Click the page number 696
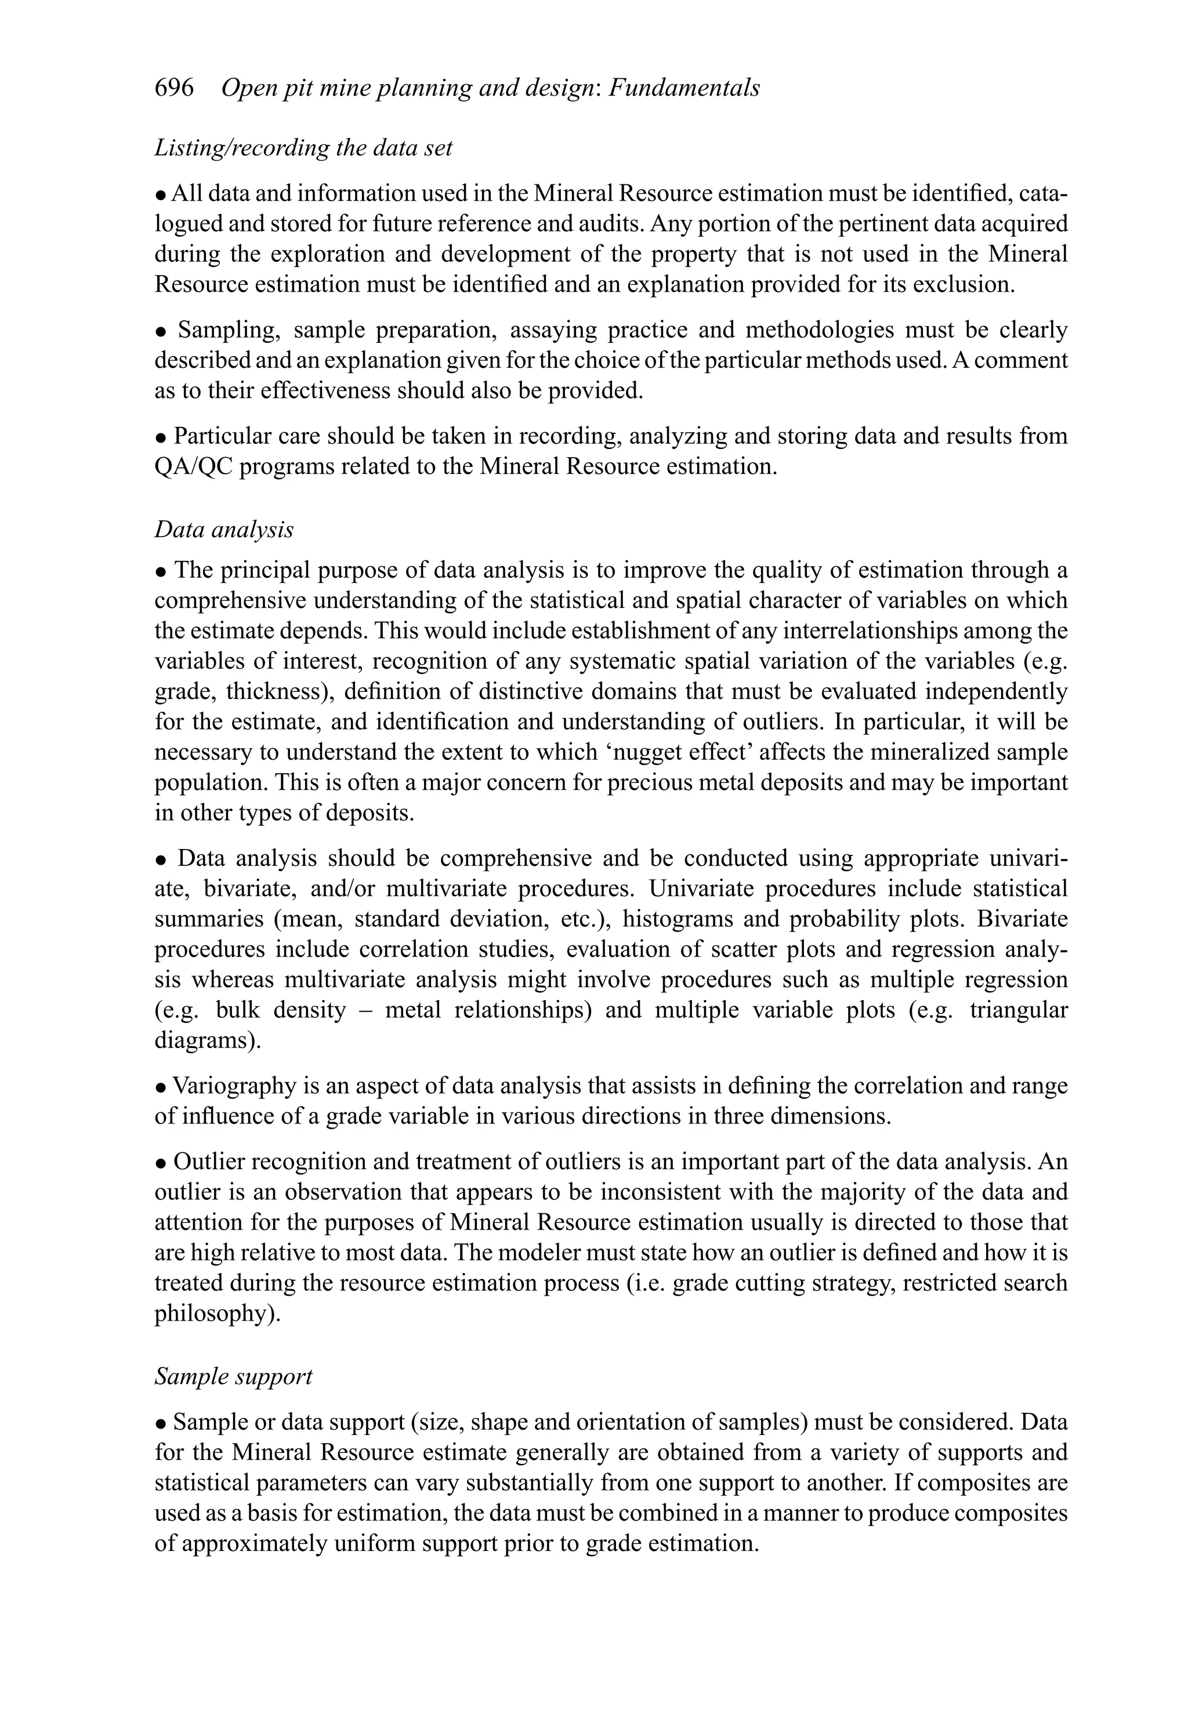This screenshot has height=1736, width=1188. [174, 88]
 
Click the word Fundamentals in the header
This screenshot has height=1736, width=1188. [684, 88]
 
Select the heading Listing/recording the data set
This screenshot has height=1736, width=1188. [303, 148]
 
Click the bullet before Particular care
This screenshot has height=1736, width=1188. [161, 437]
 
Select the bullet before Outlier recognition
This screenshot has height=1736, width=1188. [161, 1163]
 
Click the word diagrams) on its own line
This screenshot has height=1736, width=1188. [208, 1040]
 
